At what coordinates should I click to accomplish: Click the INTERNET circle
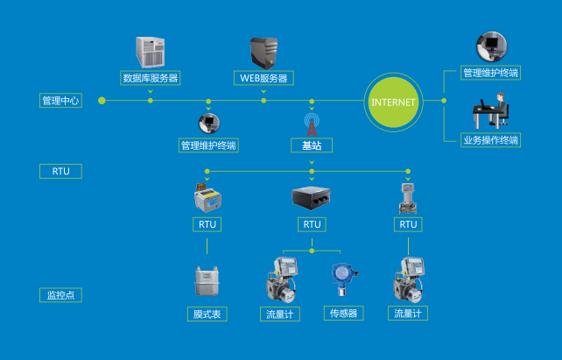click(x=394, y=102)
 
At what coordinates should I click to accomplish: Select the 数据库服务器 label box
click(x=151, y=78)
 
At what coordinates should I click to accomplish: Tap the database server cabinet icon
click(x=151, y=52)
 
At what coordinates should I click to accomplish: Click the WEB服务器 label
click(x=263, y=78)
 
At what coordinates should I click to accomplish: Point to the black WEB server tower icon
click(x=263, y=52)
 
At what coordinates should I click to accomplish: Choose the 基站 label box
click(x=312, y=145)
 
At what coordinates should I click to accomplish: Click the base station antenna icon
click(x=312, y=121)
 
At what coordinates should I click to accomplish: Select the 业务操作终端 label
click(x=490, y=140)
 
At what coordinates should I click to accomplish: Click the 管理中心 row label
click(x=60, y=101)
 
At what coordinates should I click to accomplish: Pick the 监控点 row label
click(x=60, y=295)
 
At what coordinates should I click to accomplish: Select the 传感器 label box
click(x=342, y=313)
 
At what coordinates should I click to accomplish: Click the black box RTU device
click(x=312, y=197)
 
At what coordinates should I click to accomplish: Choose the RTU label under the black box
click(x=312, y=224)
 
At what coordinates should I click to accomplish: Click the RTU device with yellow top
click(x=207, y=197)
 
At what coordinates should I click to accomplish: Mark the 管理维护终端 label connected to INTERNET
click(x=490, y=73)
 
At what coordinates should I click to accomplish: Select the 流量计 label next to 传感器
click(x=280, y=313)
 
